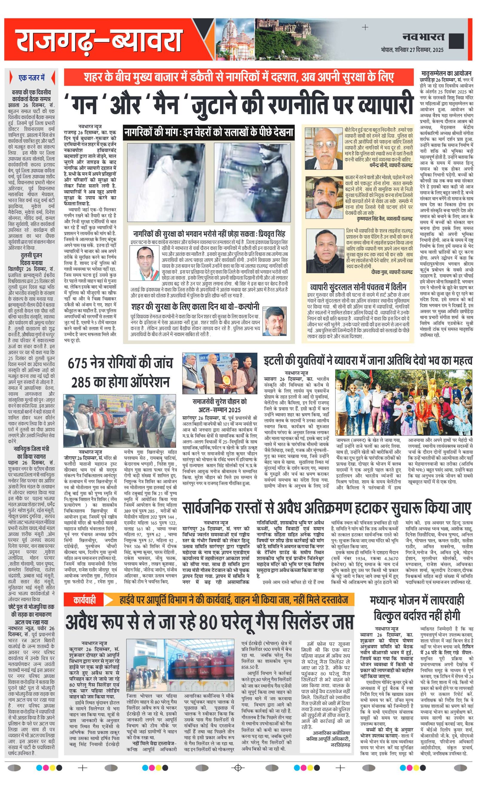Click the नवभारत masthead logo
click(x=423, y=37)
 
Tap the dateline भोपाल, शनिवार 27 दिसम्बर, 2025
click(x=412, y=50)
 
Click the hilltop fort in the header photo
click(x=282, y=29)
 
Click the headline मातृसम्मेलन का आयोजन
click(x=446, y=74)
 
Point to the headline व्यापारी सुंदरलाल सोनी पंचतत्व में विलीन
click(x=358, y=287)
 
